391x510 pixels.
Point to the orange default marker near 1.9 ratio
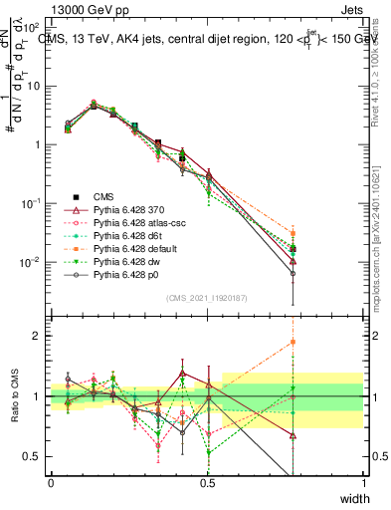pos(293,342)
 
